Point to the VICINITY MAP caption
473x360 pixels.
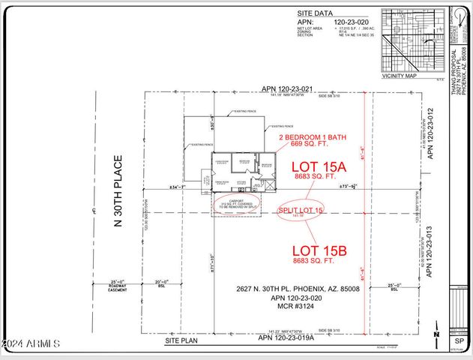[x=400, y=75]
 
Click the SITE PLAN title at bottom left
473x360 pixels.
[x=181, y=340]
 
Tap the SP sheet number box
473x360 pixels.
[x=459, y=340]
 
